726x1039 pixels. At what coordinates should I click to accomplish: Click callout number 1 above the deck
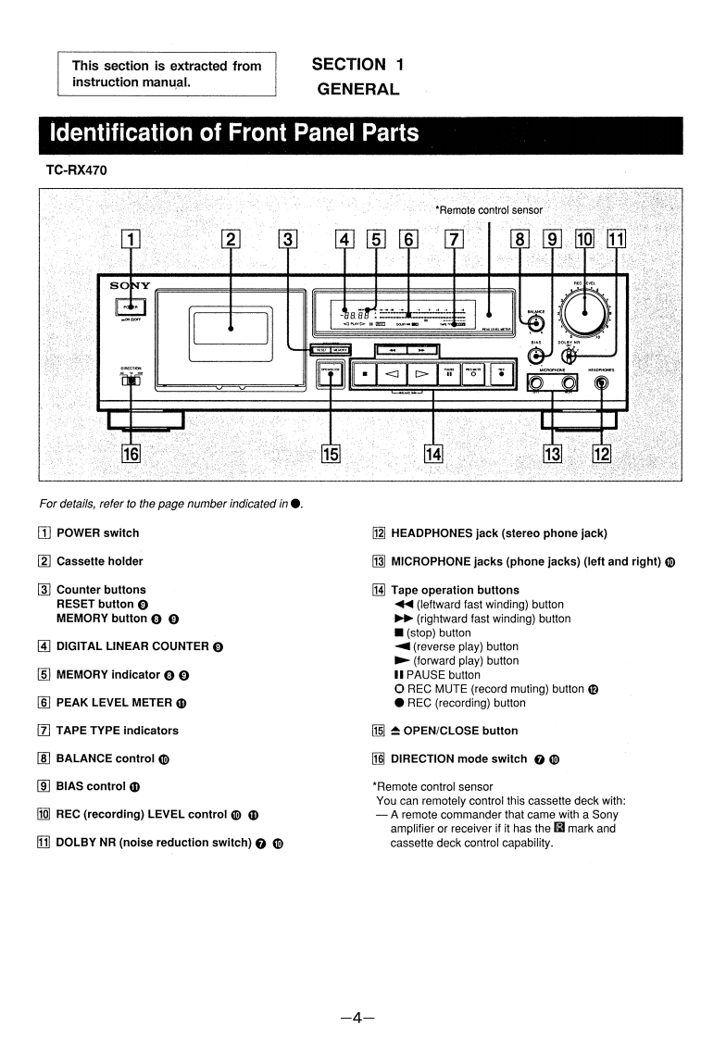132,240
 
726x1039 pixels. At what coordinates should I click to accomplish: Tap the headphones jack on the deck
604,383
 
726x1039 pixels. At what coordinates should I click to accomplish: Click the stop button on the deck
366,375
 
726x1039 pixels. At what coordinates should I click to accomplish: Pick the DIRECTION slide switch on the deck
131,380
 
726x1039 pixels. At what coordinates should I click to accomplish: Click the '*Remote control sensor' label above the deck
489,209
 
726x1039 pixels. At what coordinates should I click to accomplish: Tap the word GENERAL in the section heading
357,90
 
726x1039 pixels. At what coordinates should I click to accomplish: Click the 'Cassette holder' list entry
99,561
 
